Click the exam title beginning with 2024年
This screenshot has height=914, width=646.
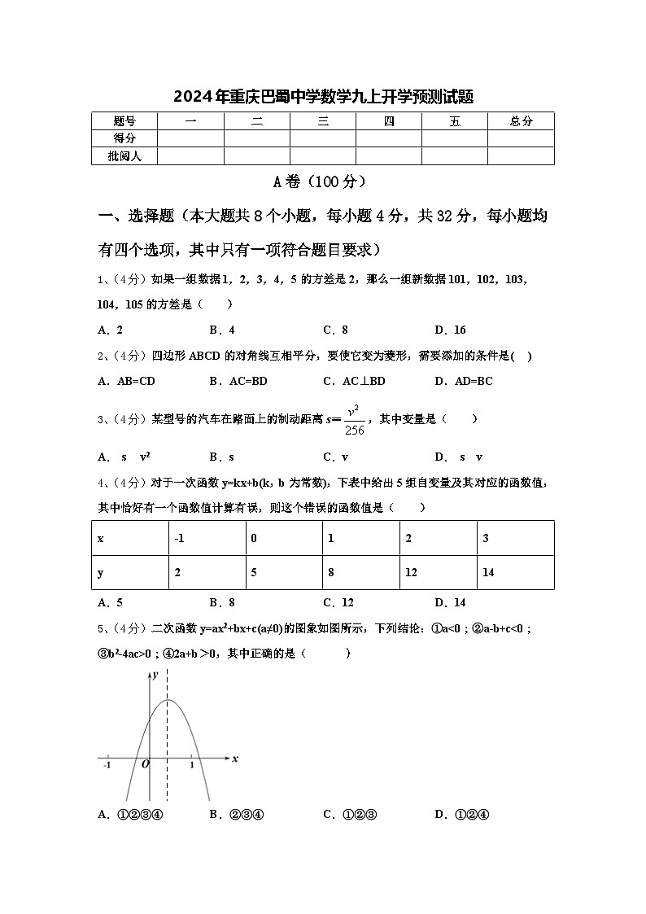point(323,97)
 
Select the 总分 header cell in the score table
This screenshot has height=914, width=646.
point(521,121)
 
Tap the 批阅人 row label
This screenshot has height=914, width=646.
point(124,155)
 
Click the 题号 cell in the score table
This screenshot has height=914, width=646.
point(124,121)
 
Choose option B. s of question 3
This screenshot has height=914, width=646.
point(221,457)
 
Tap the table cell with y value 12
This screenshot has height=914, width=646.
point(411,572)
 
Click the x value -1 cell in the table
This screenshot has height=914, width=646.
point(179,538)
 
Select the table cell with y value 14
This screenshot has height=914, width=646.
point(488,572)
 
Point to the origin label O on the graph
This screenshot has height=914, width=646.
point(145,764)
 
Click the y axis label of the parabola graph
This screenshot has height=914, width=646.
point(154,675)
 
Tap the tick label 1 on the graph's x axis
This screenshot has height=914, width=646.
point(191,764)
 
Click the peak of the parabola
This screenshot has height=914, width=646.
point(168,700)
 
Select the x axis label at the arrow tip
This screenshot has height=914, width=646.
point(234,759)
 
